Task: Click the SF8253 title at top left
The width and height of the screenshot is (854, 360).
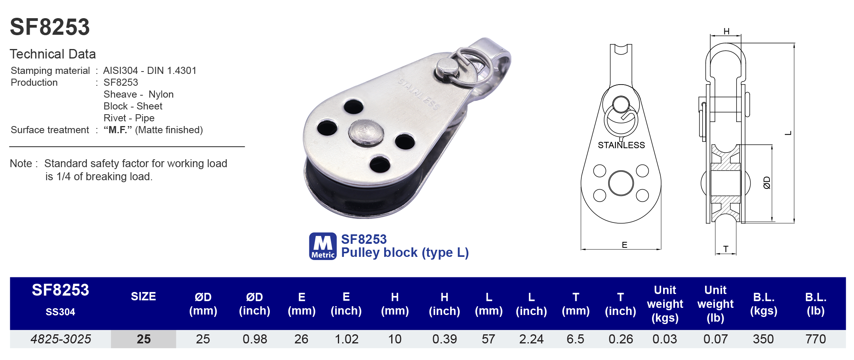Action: click(50, 27)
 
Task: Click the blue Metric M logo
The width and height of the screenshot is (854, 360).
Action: click(322, 246)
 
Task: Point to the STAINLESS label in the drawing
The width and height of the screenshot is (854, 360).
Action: click(621, 145)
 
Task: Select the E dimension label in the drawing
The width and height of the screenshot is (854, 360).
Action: click(624, 245)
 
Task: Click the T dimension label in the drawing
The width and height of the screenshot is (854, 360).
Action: click(726, 249)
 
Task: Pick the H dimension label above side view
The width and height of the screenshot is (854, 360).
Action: click(726, 31)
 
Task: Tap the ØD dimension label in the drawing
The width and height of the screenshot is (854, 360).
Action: click(767, 183)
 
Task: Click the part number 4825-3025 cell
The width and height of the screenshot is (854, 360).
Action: click(60, 339)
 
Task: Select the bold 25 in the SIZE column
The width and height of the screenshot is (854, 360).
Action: click(143, 339)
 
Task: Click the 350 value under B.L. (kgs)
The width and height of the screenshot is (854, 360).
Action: click(763, 339)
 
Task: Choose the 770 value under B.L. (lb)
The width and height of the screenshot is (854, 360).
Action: click(815, 339)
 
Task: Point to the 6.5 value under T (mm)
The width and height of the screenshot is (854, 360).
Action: click(575, 339)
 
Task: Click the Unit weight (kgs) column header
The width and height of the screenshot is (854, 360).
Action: click(665, 303)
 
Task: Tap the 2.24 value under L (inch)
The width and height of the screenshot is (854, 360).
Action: click(531, 339)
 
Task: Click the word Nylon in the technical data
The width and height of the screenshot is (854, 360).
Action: click(161, 94)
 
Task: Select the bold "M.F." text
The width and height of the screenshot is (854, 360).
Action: click(118, 130)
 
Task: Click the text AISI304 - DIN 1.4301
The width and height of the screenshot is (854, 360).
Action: click(150, 71)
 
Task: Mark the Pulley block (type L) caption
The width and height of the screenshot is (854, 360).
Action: click(405, 253)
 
